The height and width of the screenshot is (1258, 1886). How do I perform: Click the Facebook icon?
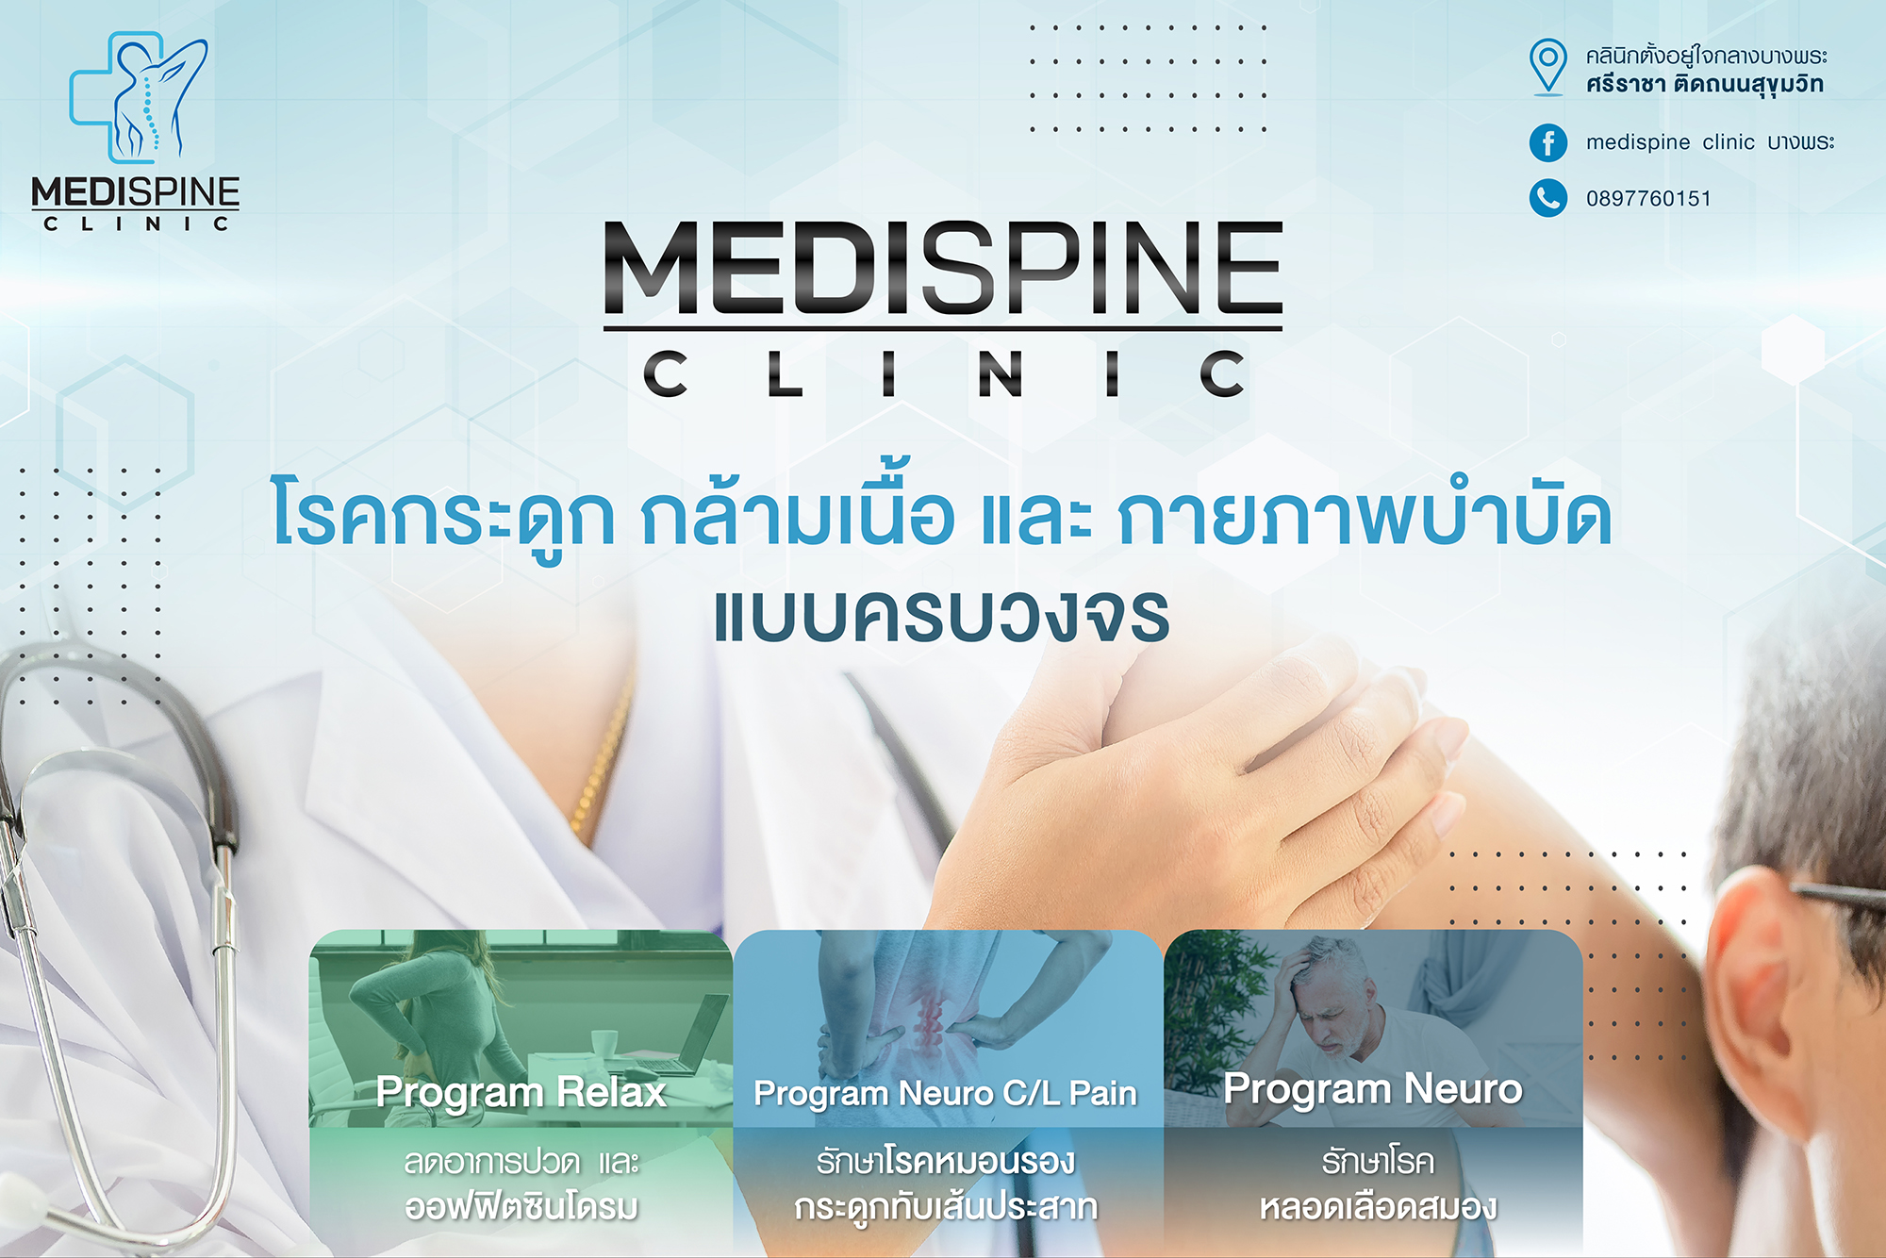(1547, 142)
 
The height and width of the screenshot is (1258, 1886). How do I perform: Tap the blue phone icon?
(1547, 198)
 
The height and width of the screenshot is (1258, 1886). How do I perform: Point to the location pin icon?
(1547, 67)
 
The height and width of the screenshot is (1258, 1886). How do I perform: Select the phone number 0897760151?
(1648, 199)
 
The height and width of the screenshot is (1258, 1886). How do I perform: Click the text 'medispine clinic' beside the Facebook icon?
(1670, 142)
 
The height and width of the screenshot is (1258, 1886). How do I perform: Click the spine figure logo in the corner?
(140, 96)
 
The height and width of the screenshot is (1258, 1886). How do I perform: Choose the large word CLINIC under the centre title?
(943, 373)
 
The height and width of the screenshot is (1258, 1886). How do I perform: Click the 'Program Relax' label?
(521, 1094)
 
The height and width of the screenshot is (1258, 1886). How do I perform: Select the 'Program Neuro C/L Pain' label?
(945, 1094)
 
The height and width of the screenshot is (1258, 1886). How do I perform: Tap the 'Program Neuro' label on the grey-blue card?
(1373, 1090)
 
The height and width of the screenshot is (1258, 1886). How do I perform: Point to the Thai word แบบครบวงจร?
(942, 617)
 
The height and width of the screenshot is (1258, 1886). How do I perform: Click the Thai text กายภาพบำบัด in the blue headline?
(1365, 516)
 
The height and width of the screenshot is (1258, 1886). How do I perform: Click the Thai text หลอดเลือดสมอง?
(1378, 1207)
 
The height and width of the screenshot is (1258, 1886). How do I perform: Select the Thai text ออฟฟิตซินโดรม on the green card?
(521, 1207)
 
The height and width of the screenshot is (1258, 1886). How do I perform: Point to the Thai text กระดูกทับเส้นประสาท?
(946, 1208)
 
